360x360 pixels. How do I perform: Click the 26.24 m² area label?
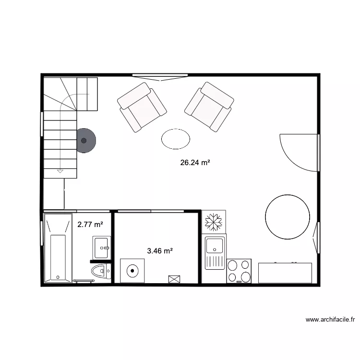(x=195, y=163)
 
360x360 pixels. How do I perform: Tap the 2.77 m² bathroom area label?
(x=90, y=224)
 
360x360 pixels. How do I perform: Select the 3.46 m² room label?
(x=160, y=251)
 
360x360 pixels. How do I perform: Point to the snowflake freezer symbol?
(x=213, y=222)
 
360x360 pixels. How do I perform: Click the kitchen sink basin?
(x=214, y=245)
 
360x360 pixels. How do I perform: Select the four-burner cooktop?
(x=239, y=271)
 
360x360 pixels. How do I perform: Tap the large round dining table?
(x=287, y=217)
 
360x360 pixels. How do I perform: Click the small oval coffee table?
(x=176, y=139)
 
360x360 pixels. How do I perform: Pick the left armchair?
(x=142, y=107)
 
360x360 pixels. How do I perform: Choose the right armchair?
(x=209, y=107)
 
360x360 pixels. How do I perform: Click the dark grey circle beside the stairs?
(x=85, y=141)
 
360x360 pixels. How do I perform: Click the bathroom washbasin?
(x=101, y=248)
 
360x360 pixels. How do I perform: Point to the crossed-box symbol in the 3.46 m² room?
(x=174, y=279)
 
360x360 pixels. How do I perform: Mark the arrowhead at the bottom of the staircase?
(x=60, y=170)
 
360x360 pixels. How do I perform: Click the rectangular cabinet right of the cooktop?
(x=285, y=273)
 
